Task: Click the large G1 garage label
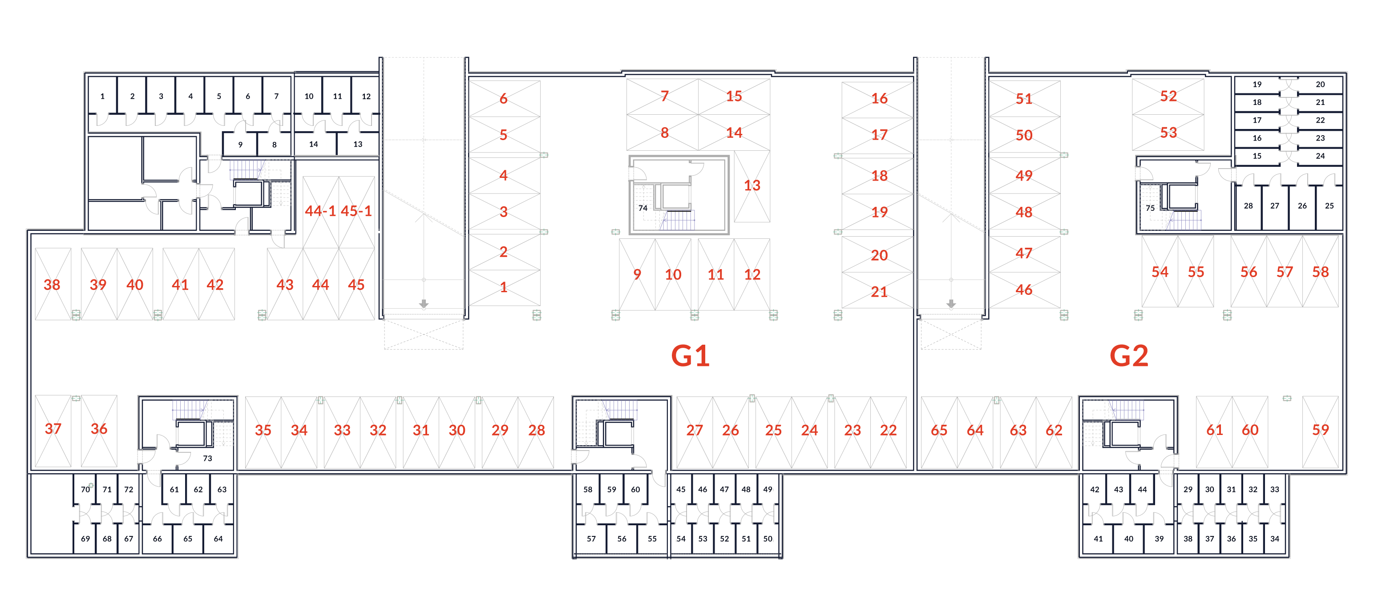tap(690, 356)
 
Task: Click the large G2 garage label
tap(1129, 356)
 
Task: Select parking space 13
tap(752, 185)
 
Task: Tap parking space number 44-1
tap(320, 211)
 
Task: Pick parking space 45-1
tap(356, 211)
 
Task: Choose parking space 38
tap(52, 284)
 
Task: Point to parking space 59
tap(1320, 430)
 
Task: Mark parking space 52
tap(1168, 96)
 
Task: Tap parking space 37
tap(53, 429)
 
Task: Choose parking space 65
tap(939, 430)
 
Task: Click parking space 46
tap(1023, 290)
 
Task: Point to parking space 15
tap(734, 96)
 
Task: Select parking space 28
tap(536, 430)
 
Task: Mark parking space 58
tap(1320, 272)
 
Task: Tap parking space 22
tap(888, 430)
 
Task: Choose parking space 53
tap(1168, 132)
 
